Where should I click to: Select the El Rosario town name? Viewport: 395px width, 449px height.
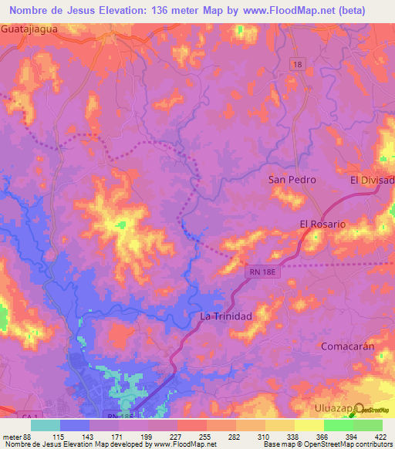tap(322, 224)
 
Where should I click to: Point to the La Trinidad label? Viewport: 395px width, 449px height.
tap(226, 316)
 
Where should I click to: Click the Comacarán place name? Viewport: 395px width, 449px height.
tap(346, 346)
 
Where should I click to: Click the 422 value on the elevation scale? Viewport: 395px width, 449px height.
tap(380, 437)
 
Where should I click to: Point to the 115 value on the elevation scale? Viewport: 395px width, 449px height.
tap(57, 437)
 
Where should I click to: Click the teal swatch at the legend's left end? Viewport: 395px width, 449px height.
tap(46, 425)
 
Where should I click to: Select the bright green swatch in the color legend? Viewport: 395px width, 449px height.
tap(338, 425)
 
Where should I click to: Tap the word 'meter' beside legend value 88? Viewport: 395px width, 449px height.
tap(13, 437)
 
